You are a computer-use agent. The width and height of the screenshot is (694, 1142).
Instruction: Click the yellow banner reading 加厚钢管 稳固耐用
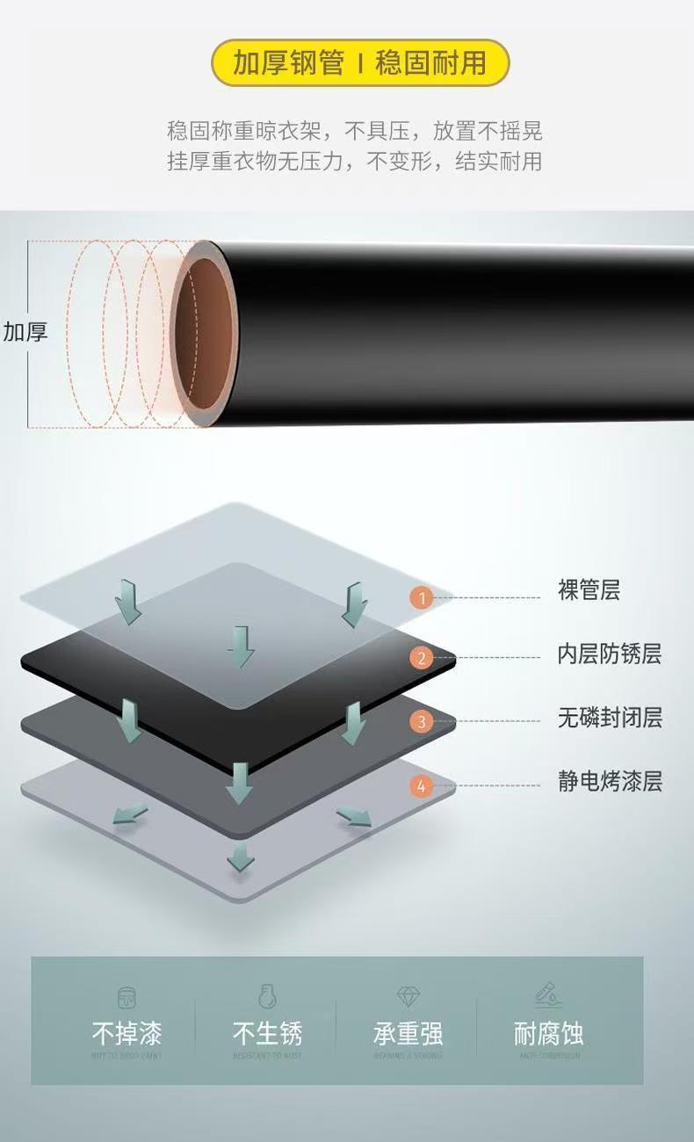point(360,63)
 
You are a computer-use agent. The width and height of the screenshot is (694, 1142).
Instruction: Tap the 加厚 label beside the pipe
point(25,332)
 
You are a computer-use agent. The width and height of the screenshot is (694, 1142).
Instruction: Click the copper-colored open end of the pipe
point(206,334)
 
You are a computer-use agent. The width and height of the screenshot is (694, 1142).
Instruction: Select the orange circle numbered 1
point(422,598)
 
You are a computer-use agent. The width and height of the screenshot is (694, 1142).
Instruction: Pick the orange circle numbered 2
point(422,657)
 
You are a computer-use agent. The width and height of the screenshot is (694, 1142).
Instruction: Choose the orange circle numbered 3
point(422,722)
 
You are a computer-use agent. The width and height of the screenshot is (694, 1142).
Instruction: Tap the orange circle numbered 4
point(422,786)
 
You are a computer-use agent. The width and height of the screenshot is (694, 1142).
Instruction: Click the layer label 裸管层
point(589,590)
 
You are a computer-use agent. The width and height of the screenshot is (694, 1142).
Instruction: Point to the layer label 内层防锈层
point(609,654)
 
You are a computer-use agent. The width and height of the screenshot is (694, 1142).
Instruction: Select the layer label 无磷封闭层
point(609,718)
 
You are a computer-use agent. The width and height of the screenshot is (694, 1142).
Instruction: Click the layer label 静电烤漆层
point(609,781)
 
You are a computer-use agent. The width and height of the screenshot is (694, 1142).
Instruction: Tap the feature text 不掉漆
point(127,1033)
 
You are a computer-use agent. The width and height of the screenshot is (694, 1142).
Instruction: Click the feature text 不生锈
point(267,1033)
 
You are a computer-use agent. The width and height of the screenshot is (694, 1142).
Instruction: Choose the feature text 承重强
point(408,1033)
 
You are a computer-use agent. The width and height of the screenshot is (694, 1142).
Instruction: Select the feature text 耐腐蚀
point(548,1033)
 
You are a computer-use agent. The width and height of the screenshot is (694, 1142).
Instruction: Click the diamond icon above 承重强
point(408,997)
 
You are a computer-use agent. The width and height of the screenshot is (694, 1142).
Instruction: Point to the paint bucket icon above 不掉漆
point(127,997)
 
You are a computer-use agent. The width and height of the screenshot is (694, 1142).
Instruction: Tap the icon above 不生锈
point(267,997)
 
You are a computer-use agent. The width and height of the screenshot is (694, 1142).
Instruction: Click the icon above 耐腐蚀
point(548,995)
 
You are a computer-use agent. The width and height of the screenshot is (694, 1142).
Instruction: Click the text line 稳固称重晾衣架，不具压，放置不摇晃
point(355,132)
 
